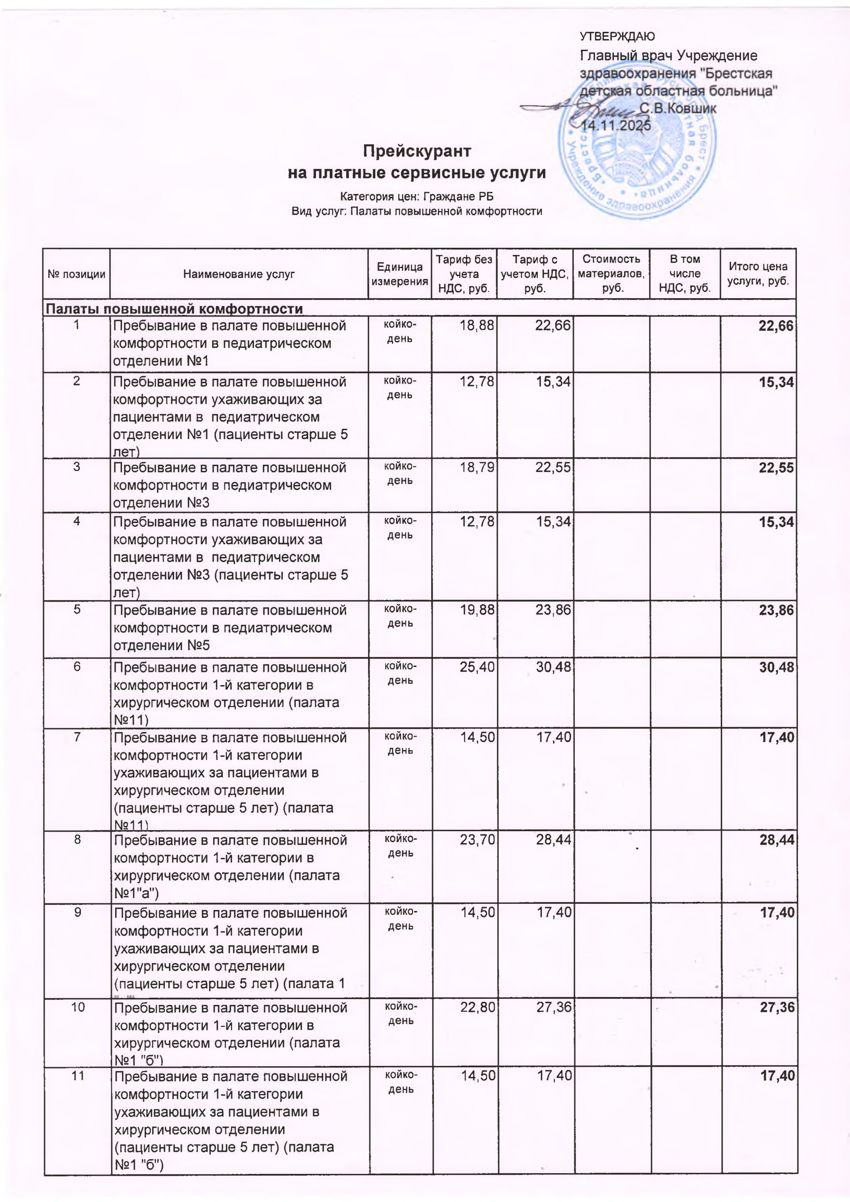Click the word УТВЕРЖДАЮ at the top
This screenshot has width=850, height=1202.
tap(617, 37)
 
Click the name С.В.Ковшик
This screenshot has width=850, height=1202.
tap(678, 109)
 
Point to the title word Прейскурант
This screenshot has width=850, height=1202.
tap(417, 151)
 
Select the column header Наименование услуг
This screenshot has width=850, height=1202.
tap(239, 274)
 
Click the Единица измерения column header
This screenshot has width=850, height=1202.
tap(400, 274)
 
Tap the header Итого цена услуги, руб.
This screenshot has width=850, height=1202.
tap(757, 273)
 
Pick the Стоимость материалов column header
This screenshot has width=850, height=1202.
tap(611, 273)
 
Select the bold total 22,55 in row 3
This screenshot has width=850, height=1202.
tap(776, 468)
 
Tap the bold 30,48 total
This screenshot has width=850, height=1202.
tap(776, 667)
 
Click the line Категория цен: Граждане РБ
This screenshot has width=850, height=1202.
tap(417, 197)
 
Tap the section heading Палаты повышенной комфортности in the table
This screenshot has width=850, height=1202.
tap(174, 309)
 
